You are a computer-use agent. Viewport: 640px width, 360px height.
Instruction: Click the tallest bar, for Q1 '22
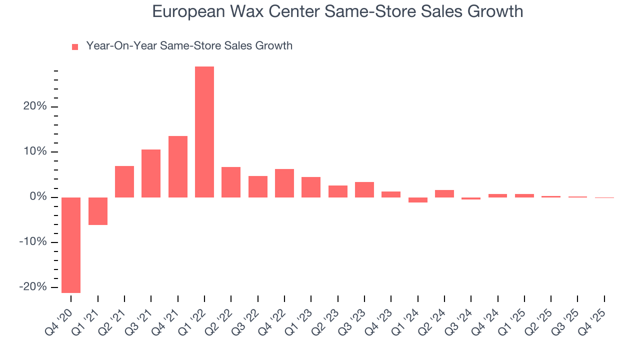pyautogui.click(x=204, y=132)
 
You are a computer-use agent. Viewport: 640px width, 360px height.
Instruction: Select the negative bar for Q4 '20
pyautogui.click(x=71, y=245)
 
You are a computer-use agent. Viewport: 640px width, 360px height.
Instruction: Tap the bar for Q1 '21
pyautogui.click(x=98, y=211)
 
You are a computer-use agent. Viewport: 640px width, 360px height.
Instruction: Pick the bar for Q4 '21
pyautogui.click(x=178, y=166)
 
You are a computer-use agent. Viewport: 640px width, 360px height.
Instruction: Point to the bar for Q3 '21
pyautogui.click(x=151, y=173)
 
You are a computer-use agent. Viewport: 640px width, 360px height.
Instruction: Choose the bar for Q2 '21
pyautogui.click(x=124, y=181)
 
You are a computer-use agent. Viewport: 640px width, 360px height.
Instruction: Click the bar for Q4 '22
pyautogui.click(x=284, y=183)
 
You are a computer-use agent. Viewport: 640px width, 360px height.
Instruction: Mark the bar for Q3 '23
pyautogui.click(x=364, y=189)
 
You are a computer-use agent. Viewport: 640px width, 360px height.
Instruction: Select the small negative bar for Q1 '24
pyautogui.click(x=418, y=200)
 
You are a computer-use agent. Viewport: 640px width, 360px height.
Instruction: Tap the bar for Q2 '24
pyautogui.click(x=444, y=193)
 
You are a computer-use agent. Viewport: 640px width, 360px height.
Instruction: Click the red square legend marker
pyautogui.click(x=75, y=46)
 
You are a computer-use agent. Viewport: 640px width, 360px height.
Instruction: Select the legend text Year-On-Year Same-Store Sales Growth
pyautogui.click(x=189, y=46)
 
